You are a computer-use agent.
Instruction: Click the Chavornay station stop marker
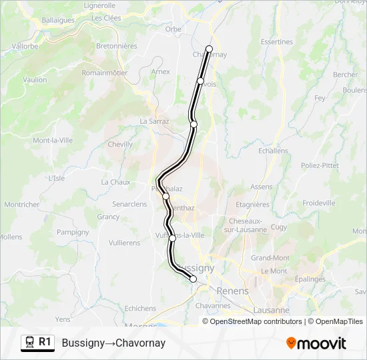click(209, 49)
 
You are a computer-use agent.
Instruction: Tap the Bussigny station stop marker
click(194, 279)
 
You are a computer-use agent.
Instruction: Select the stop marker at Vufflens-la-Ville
click(172, 238)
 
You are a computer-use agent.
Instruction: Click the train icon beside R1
click(29, 343)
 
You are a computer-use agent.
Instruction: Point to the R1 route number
click(45, 342)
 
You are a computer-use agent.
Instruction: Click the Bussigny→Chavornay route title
click(113, 343)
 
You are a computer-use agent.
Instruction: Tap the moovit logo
click(316, 343)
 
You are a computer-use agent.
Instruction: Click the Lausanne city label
click(272, 310)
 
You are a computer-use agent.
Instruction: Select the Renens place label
click(233, 291)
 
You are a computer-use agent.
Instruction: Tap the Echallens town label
click(272, 151)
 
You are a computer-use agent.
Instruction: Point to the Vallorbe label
click(25, 47)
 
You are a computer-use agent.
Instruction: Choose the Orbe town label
click(173, 29)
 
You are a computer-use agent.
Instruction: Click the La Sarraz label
click(154, 121)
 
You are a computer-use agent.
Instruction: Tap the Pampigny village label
click(73, 232)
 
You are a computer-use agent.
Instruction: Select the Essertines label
click(277, 41)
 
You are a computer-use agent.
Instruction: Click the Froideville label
click(319, 203)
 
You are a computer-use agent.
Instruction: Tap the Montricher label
click(22, 205)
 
